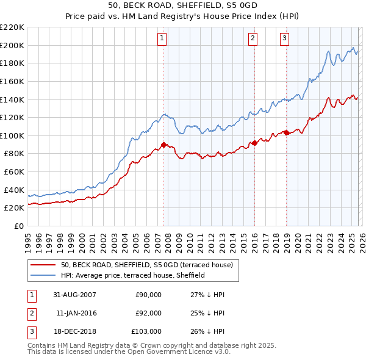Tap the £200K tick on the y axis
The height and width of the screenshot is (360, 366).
[12, 45]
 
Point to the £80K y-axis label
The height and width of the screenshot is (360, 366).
[14, 154]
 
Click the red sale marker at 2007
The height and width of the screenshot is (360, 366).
[163, 145]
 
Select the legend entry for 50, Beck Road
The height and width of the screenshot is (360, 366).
[146, 265]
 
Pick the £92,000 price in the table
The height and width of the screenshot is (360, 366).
[148, 313]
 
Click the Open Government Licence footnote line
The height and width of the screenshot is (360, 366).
[120, 352]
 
